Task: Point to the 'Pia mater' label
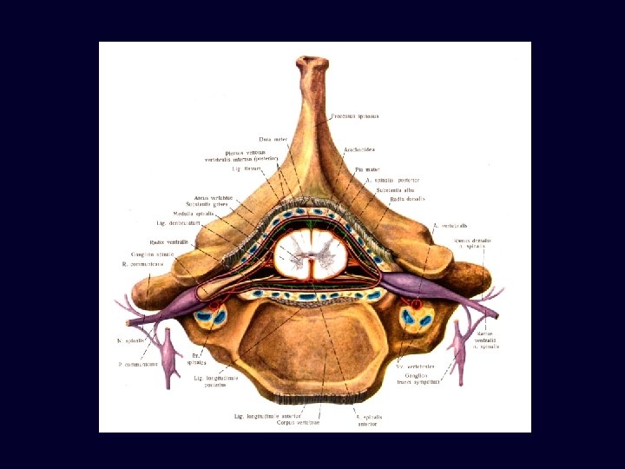[x=366, y=169]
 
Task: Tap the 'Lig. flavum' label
[x=236, y=168]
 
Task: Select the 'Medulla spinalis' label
[x=194, y=214]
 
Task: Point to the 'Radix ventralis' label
[x=165, y=241]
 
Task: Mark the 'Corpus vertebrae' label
[x=298, y=423]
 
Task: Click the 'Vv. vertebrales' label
[x=415, y=367]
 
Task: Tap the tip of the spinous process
[x=312, y=62]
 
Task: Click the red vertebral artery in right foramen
[x=416, y=305]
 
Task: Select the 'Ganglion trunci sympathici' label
[x=418, y=378]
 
